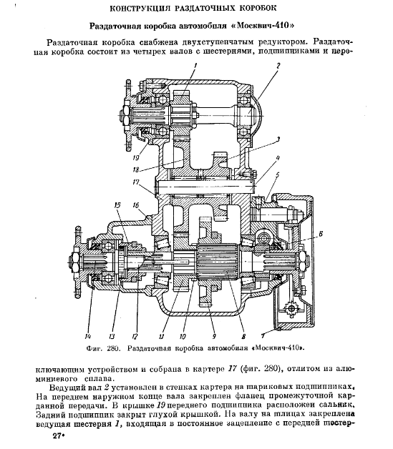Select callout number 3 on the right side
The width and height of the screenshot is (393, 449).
(277, 140)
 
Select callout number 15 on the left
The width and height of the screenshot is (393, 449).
(118, 204)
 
